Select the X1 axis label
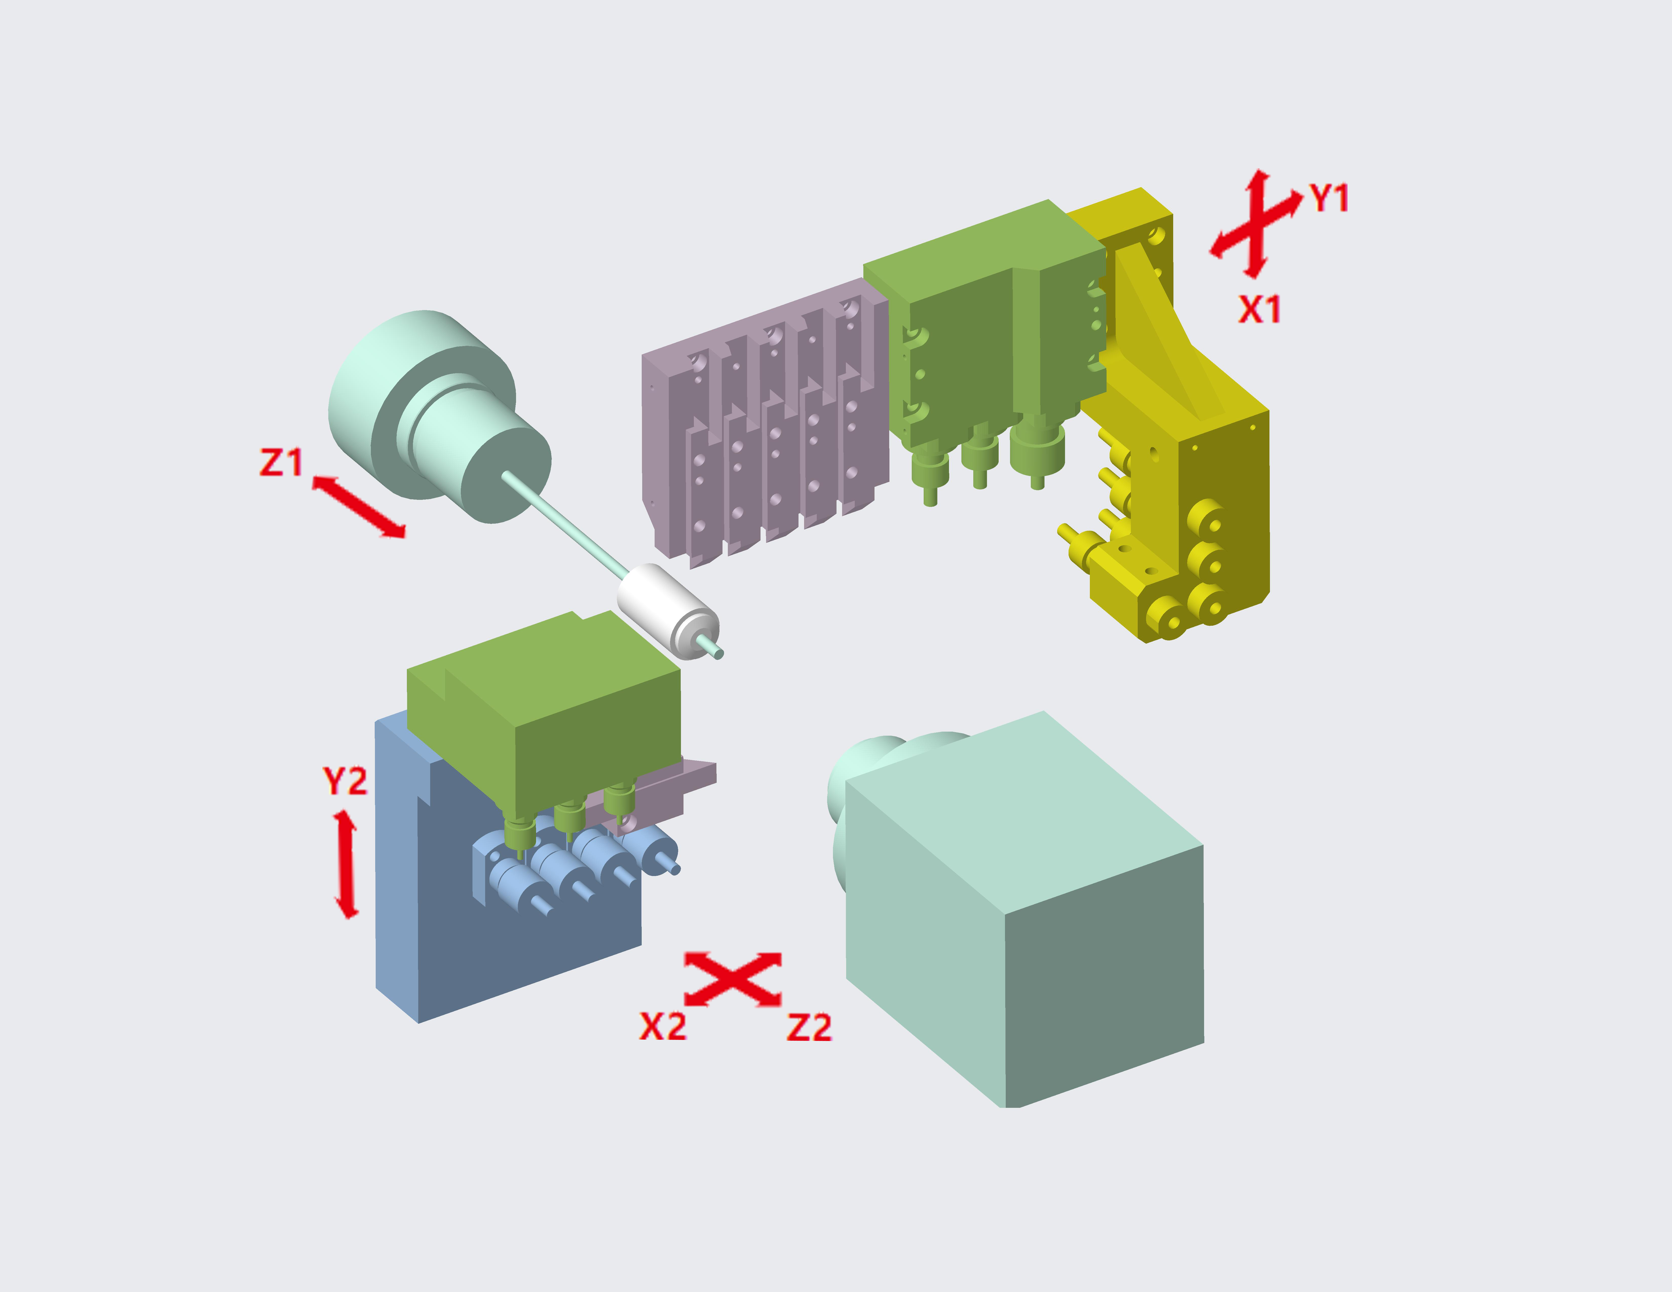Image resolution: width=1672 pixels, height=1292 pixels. [x=1259, y=309]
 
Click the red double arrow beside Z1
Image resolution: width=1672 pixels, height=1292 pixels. [x=358, y=506]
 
